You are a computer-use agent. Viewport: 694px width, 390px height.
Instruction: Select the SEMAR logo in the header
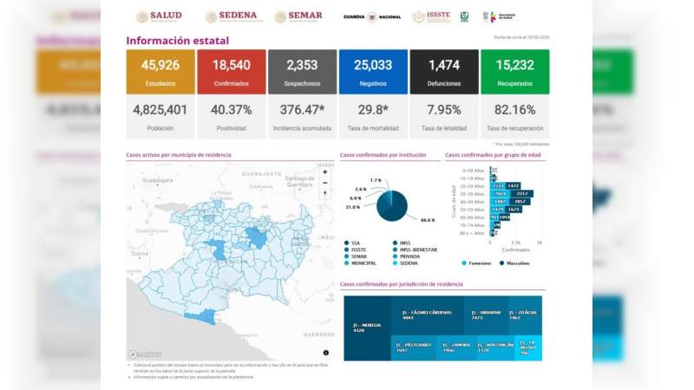tap(298, 16)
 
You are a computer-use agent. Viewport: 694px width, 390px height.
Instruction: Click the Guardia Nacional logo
tap(371, 16)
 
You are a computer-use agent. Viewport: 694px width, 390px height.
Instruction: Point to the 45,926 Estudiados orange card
tap(160, 71)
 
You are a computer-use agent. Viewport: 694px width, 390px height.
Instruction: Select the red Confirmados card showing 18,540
tap(231, 71)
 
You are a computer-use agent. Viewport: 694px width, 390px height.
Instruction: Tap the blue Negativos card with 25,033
tap(372, 71)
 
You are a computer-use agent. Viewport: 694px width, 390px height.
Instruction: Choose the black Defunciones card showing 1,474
tap(443, 71)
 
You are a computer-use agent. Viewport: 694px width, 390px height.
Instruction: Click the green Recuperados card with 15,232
tap(514, 71)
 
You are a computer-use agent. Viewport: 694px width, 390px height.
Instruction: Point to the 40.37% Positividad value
tap(231, 110)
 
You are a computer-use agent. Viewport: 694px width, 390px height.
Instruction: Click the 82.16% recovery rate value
tap(514, 110)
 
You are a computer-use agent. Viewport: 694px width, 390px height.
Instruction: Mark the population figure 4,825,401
tap(160, 110)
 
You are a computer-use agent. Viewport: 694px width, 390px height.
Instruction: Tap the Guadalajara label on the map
tap(159, 180)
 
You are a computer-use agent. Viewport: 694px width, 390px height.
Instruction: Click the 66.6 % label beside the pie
tap(427, 221)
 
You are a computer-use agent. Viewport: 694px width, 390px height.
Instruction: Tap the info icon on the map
tap(326, 353)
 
